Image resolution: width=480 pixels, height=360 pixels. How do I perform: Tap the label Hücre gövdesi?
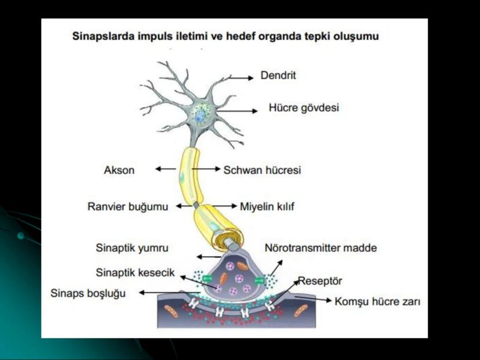[x=304, y=108]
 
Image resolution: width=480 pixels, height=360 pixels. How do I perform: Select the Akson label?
[x=119, y=170]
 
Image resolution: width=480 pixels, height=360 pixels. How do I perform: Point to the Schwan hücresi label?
[x=262, y=170]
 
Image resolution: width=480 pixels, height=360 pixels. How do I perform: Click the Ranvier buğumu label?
[x=128, y=206]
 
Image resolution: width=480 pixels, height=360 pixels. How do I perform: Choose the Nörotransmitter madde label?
[x=321, y=248]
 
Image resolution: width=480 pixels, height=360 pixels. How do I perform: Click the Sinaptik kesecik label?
[x=135, y=272]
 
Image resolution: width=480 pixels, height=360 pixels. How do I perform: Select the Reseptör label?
[x=320, y=282]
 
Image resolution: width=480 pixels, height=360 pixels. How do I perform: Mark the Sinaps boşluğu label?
[x=88, y=293]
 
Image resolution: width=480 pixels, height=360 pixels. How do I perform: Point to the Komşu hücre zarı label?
[x=377, y=301]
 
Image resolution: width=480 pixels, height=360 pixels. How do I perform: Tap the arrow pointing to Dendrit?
[x=238, y=77]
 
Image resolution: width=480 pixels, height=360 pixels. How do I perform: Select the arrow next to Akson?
[x=166, y=170]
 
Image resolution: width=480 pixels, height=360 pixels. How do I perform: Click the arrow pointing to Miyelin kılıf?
[x=226, y=206]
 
